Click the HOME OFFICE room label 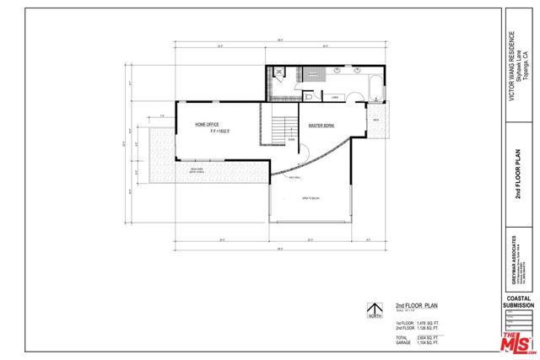[207, 124]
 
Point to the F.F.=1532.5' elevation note [208, 132]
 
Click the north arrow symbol [369, 309]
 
